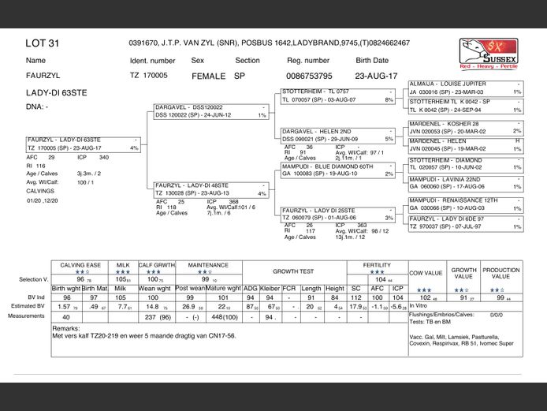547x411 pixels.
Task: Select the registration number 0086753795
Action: (308, 76)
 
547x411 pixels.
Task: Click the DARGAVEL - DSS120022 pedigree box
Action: (210, 110)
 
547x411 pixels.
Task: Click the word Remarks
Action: (67, 327)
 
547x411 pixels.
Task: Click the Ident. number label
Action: (152, 60)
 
